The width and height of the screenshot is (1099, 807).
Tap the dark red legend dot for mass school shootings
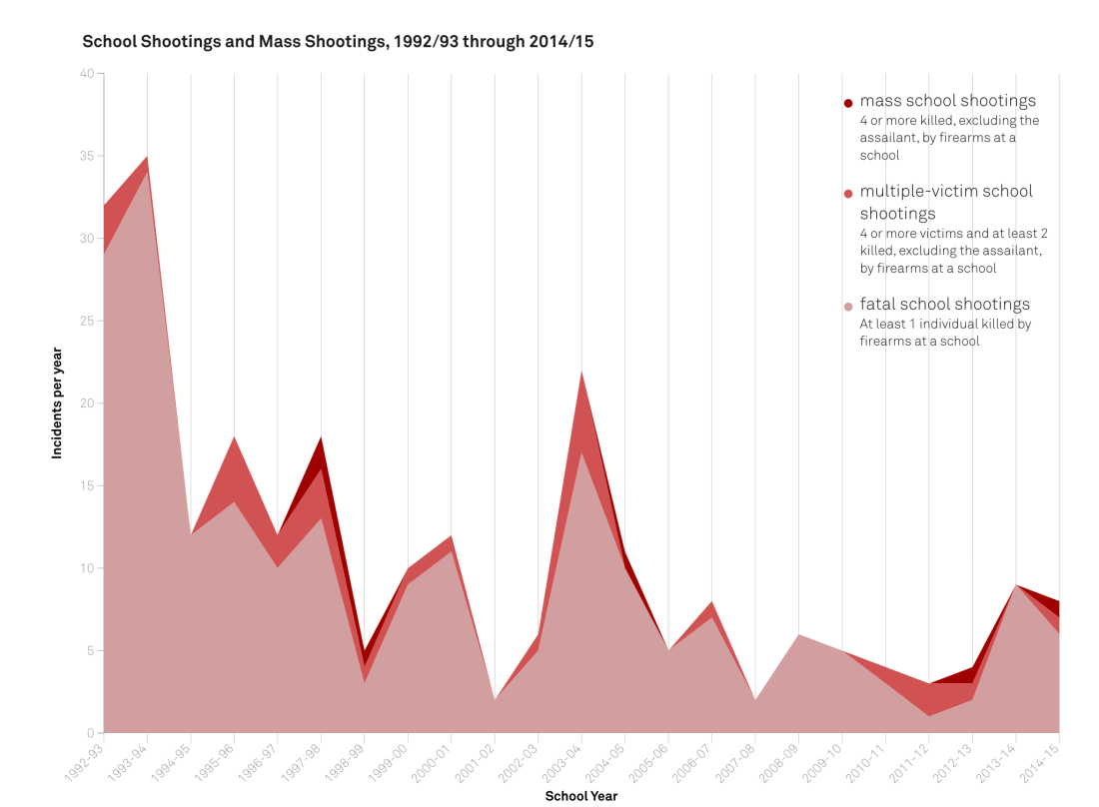(x=848, y=103)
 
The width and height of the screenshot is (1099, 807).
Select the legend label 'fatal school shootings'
(x=944, y=304)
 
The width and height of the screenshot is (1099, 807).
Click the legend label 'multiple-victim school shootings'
(x=946, y=202)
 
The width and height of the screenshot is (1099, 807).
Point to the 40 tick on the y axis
(x=87, y=74)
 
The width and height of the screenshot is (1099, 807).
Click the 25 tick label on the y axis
(x=87, y=321)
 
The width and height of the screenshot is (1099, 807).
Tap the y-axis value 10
(x=87, y=568)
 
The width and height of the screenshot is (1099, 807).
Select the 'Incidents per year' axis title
(x=57, y=403)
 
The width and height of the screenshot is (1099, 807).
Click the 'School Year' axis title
(x=580, y=796)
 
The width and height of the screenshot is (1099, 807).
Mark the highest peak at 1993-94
(x=147, y=157)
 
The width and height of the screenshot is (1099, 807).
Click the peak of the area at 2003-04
(x=581, y=371)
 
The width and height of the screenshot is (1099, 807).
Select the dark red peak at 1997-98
(x=321, y=437)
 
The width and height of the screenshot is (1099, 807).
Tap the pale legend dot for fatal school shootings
(x=848, y=307)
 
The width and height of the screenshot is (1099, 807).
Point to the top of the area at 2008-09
(x=798, y=634)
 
